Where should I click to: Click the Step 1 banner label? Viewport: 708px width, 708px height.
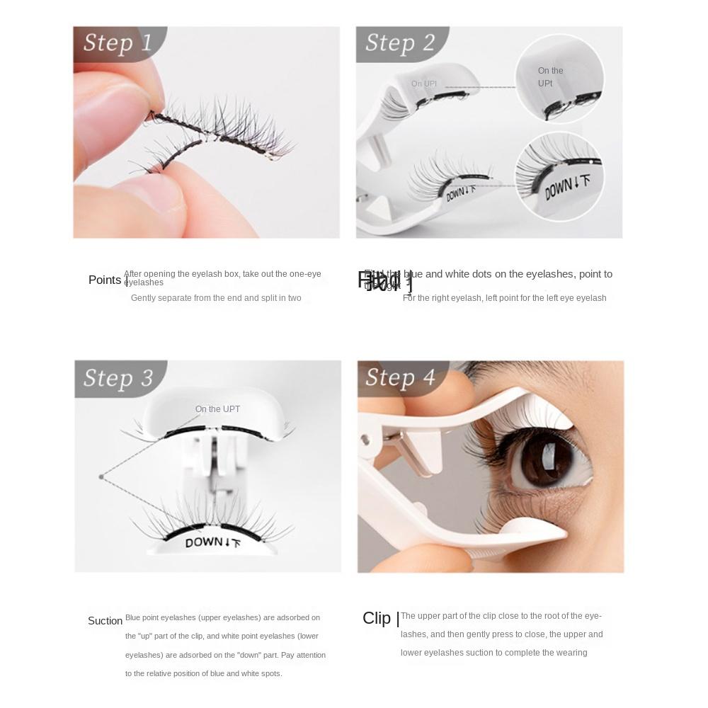[x=118, y=42]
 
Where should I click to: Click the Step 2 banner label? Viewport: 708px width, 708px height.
[x=400, y=42]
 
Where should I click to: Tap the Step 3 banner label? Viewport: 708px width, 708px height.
[x=118, y=378]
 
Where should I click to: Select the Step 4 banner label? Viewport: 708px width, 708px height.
[x=400, y=377]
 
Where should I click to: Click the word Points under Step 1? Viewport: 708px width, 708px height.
[x=105, y=280]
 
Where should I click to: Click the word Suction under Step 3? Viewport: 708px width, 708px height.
[x=105, y=621]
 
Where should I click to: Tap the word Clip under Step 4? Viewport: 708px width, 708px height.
[x=377, y=618]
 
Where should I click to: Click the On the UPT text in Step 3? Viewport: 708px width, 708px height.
[x=217, y=409]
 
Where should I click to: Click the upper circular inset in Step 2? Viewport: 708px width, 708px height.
[x=559, y=79]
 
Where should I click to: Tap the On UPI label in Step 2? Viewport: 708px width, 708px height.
[x=424, y=84]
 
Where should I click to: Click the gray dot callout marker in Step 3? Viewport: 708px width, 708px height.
[x=101, y=477]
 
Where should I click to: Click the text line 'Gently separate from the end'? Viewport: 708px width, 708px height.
[x=216, y=298]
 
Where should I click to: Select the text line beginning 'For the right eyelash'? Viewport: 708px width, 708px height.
[x=504, y=298]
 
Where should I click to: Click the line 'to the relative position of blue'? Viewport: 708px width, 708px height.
[x=203, y=673]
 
